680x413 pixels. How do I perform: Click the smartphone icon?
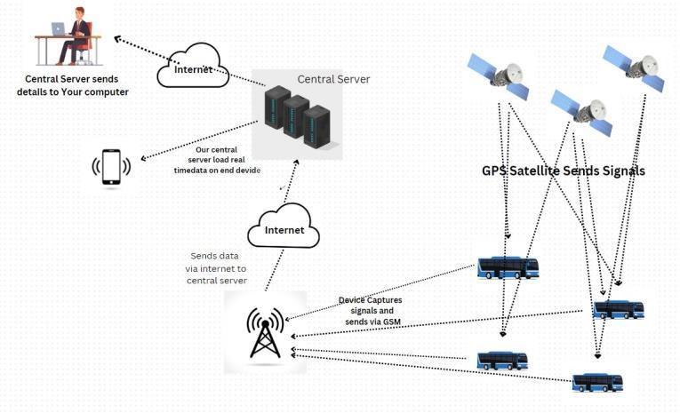[x=111, y=167]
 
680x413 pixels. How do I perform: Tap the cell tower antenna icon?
[x=265, y=332]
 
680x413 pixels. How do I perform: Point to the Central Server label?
[x=333, y=79]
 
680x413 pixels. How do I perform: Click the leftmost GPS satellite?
[x=500, y=75]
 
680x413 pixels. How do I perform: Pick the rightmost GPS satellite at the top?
[x=634, y=68]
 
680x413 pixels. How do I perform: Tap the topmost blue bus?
[x=508, y=267]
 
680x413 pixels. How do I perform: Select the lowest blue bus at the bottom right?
[x=597, y=383]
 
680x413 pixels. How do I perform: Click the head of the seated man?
[x=78, y=12]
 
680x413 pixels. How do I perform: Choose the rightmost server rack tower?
[x=316, y=125]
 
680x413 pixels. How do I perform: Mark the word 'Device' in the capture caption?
[x=356, y=300]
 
